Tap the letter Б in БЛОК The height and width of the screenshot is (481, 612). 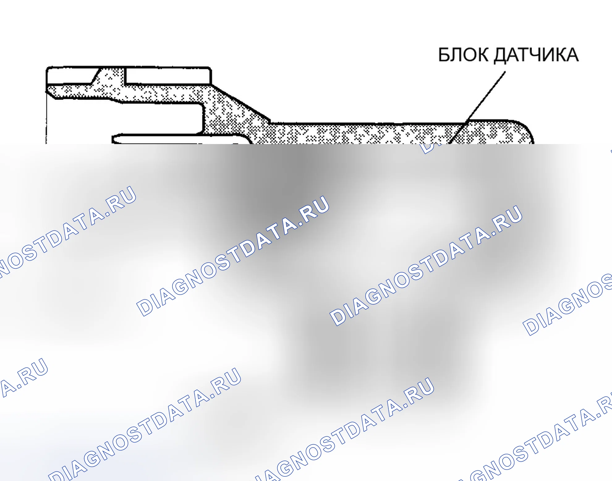click(444, 55)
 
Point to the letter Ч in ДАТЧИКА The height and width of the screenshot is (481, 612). click(533, 55)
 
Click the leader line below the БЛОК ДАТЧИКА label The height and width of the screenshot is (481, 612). click(477, 108)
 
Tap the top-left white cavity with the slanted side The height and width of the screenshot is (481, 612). click(70, 75)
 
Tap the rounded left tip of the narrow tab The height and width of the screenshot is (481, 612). click(114, 139)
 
